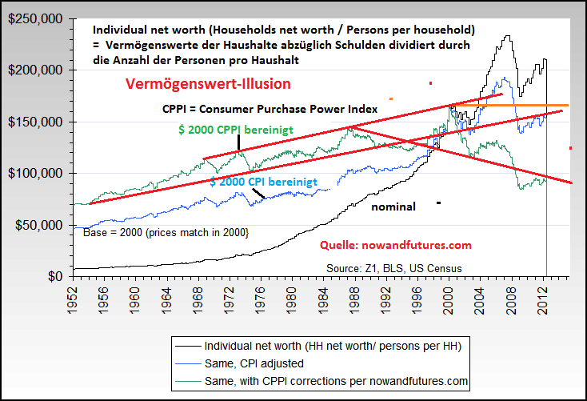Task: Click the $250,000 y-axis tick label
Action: click(x=35, y=18)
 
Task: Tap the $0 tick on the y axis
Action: click(x=55, y=276)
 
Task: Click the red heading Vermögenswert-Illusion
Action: click(x=208, y=83)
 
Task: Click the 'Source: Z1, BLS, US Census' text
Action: click(x=394, y=267)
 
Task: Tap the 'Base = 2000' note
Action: click(x=166, y=232)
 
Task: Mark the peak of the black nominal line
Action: click(x=507, y=35)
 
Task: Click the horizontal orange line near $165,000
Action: click(x=512, y=105)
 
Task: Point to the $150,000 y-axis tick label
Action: click(x=35, y=122)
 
